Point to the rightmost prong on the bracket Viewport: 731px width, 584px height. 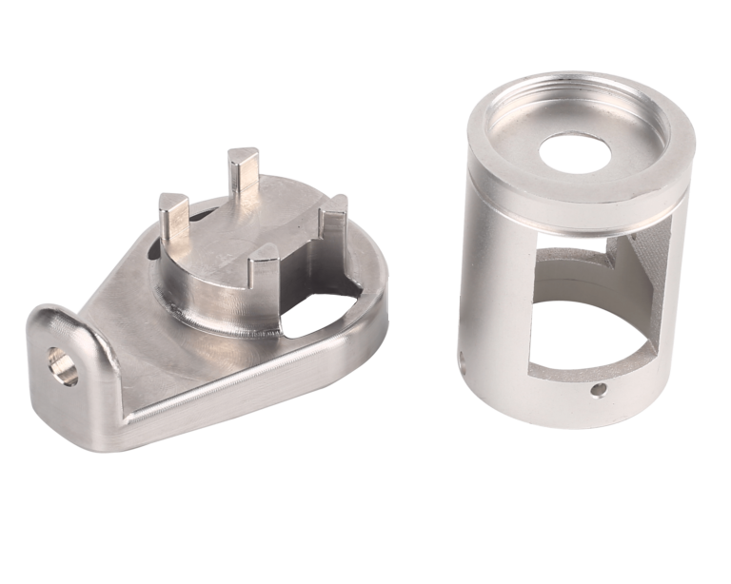(331, 228)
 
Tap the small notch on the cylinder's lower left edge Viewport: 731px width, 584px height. (461, 360)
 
